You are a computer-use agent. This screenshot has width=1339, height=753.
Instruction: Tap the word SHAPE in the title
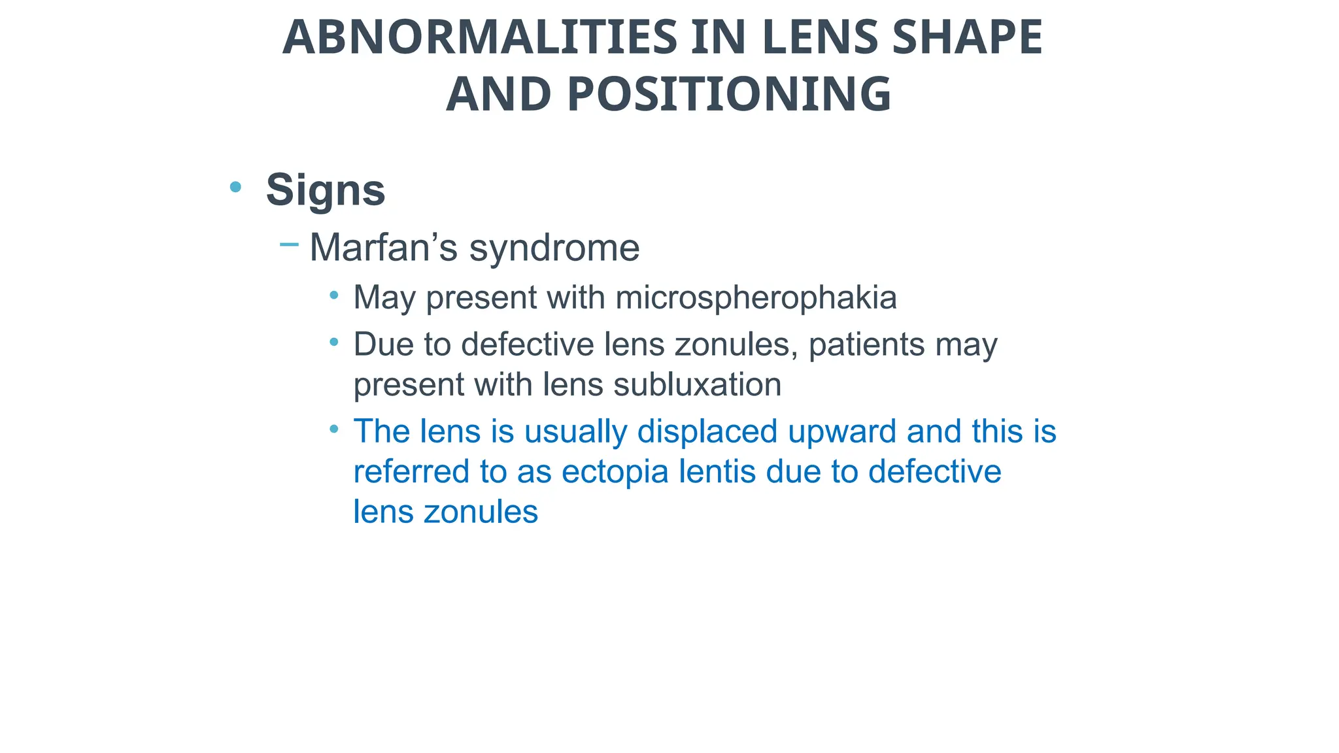point(967,37)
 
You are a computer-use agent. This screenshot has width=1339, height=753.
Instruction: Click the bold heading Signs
point(325,190)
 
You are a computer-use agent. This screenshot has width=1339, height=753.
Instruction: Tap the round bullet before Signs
point(236,188)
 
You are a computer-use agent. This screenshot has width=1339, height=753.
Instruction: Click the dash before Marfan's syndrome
point(288,245)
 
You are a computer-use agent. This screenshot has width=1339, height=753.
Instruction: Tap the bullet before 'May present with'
point(334,295)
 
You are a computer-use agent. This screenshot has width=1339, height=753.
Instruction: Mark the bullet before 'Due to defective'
point(334,342)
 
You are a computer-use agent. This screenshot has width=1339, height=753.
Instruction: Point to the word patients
point(866,345)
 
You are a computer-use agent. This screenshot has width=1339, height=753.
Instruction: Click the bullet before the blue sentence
point(334,429)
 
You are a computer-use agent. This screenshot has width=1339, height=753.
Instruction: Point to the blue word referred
point(411,471)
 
